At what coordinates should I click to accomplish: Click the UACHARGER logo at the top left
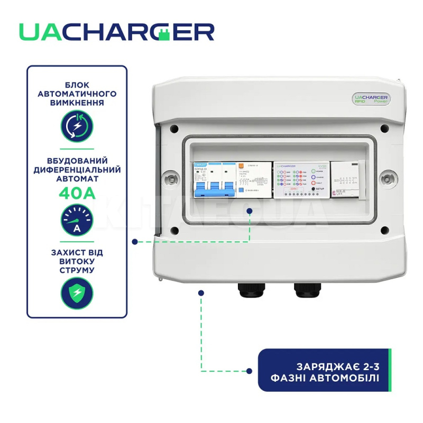click(116, 32)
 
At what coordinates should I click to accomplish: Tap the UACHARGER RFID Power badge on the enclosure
click(371, 99)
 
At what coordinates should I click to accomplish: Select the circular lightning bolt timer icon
click(77, 126)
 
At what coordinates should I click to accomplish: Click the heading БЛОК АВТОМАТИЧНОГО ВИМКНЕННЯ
click(77, 93)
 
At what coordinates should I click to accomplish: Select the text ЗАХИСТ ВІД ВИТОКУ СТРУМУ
click(77, 261)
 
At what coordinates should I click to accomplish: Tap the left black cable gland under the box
click(245, 289)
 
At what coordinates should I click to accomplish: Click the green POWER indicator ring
click(314, 171)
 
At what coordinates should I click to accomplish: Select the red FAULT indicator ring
click(314, 182)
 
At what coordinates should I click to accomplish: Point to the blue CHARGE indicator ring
click(314, 177)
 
